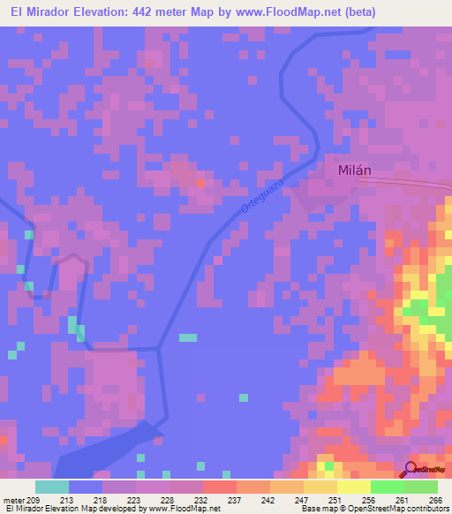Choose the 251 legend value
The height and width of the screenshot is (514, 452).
(x=332, y=499)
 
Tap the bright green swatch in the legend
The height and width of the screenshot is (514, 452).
(x=388, y=487)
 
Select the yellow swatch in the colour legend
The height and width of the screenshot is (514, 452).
(x=354, y=487)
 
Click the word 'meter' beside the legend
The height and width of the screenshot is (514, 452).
(x=15, y=499)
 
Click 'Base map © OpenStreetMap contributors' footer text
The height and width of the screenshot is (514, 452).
(x=374, y=509)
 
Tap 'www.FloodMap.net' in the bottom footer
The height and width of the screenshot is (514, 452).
(x=182, y=509)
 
